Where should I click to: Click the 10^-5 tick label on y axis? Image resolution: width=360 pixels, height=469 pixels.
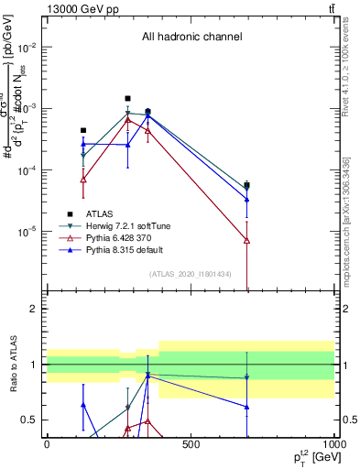click(28, 232)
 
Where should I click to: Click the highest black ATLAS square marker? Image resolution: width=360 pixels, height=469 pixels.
click(128, 98)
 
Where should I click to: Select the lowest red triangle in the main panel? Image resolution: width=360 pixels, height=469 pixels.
click(247, 240)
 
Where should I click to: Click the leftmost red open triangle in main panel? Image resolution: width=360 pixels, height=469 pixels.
click(83, 180)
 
